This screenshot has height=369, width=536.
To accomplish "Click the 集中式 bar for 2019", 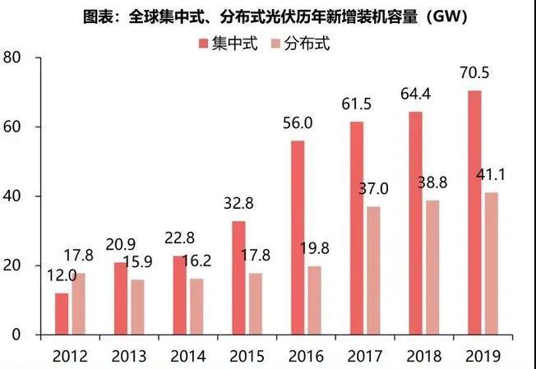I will click(474, 213).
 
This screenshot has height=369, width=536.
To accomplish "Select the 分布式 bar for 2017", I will click(372, 270).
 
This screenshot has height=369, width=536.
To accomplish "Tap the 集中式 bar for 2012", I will click(62, 314).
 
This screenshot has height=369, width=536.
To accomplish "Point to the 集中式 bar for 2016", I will click(298, 238).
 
